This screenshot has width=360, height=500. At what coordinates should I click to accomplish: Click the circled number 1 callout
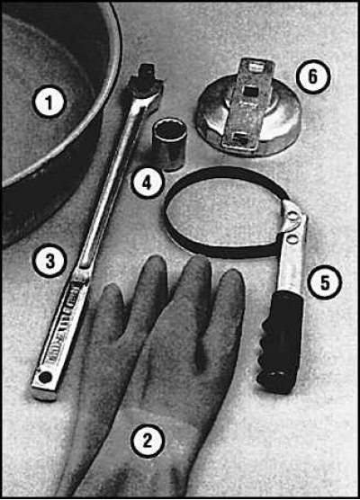49,103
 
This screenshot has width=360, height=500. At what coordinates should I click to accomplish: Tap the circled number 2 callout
147,441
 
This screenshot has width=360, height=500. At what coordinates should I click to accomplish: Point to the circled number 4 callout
146,183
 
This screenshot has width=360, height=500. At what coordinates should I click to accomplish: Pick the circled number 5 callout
324,282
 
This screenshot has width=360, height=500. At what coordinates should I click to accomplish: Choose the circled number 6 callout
313,76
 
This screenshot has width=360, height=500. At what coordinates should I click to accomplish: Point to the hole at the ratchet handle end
44,378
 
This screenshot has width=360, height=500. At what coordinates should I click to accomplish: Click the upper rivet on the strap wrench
292,217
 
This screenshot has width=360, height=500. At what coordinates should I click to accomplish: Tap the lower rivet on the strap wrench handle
291,239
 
